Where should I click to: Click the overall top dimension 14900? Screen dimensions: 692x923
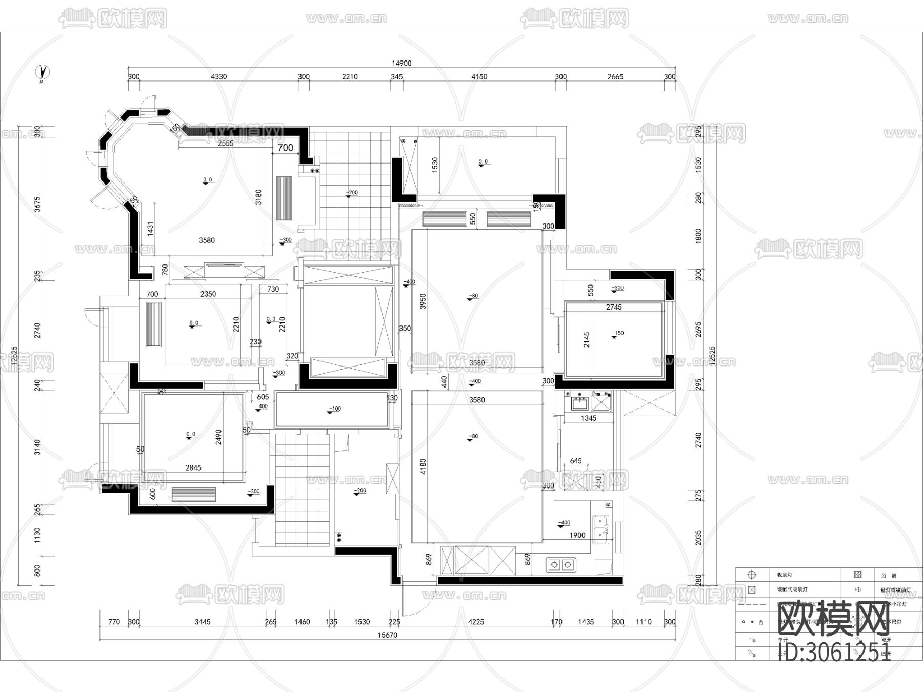tap(402, 64)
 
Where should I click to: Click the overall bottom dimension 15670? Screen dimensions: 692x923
tap(387, 635)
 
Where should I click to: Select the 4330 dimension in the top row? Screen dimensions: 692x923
tap(218, 77)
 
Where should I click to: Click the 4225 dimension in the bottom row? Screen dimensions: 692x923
tap(476, 622)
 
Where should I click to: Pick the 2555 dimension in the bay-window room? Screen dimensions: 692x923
tap(226, 144)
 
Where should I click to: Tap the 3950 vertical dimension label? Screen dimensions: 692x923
tap(423, 301)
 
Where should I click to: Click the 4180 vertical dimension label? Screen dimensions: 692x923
tap(423, 466)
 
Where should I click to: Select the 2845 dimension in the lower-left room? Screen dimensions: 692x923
tap(193, 467)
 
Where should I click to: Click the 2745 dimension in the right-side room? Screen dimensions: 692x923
tap(613, 307)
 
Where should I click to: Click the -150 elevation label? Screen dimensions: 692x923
tap(618, 333)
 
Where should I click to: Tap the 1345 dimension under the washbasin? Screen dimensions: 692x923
tap(588, 418)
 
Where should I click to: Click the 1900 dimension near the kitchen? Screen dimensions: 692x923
tap(577, 535)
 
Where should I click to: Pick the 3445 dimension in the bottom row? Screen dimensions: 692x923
tap(203, 622)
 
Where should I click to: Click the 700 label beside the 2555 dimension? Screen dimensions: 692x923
tap(285, 148)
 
